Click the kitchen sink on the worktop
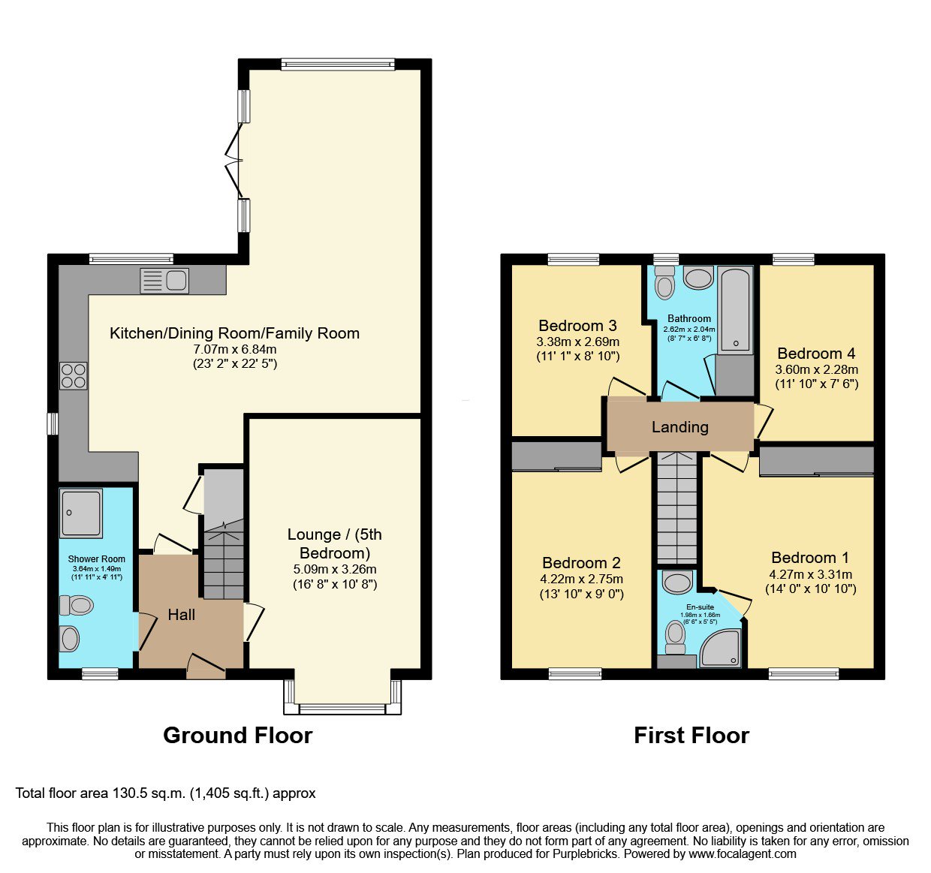[164, 281]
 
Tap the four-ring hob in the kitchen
[73, 376]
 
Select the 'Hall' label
[182, 615]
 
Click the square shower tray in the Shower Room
[80, 513]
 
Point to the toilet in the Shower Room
[76, 605]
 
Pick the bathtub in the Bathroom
[737, 311]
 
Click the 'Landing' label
[679, 427]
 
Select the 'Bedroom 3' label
[577, 325]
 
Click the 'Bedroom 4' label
[816, 353]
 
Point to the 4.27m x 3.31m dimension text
[811, 574]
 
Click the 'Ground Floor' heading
[238, 735]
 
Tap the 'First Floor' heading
[691, 735]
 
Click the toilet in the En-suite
[676, 637]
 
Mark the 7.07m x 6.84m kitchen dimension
[235, 349]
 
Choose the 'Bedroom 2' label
[581, 563]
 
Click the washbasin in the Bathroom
[698, 278]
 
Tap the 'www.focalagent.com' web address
[743, 853]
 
